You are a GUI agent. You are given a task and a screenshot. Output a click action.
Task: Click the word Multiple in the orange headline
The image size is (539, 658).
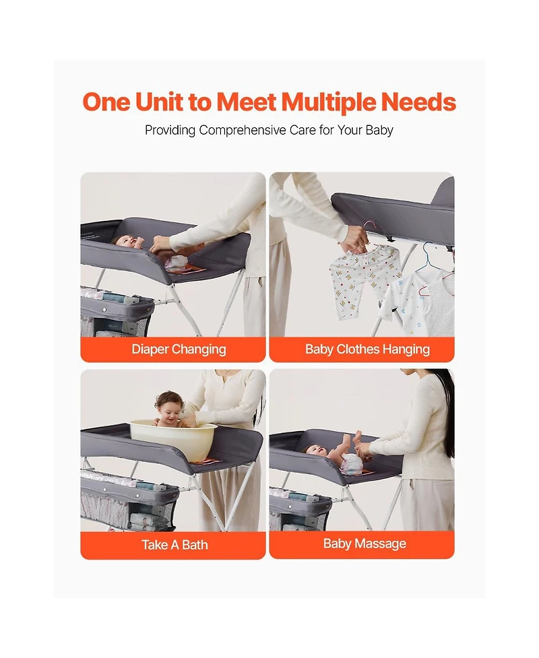[328, 103]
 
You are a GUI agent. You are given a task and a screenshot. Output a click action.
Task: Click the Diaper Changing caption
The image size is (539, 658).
[179, 349]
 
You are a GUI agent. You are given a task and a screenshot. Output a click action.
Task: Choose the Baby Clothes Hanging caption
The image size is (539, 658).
[367, 349]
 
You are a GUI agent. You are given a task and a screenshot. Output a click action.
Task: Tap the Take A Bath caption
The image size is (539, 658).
[175, 545]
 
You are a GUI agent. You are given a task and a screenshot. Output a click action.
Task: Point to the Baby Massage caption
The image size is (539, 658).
[364, 544]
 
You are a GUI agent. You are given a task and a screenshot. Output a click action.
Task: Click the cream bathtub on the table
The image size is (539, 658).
[173, 438]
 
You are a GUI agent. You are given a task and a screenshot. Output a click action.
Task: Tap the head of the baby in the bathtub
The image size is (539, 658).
[168, 403]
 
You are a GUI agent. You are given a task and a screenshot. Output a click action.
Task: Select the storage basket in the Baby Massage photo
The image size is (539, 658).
[299, 510]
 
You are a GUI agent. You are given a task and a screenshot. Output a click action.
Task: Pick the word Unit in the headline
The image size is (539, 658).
[159, 102]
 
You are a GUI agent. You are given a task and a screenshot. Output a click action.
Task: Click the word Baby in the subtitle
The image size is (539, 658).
[379, 131]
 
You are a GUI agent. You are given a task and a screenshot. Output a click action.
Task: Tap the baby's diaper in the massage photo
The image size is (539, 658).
[351, 464]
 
